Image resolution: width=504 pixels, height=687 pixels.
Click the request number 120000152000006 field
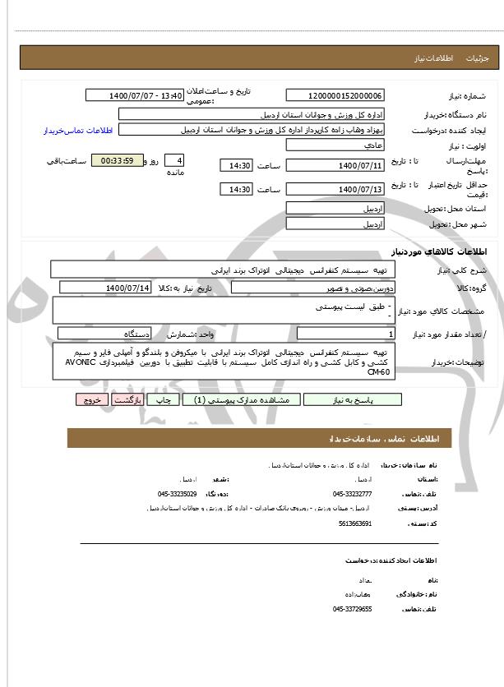point(340,96)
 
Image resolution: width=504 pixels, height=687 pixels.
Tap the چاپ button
point(165,399)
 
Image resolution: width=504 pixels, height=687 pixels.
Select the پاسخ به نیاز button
point(352,399)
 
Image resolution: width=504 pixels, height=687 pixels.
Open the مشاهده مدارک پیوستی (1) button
point(240,399)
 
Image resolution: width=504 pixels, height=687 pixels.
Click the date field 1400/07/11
point(340,166)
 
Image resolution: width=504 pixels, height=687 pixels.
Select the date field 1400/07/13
point(340,190)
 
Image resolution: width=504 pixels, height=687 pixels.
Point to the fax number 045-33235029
point(178,494)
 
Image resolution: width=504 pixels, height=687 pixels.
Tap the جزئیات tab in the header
point(478,59)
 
